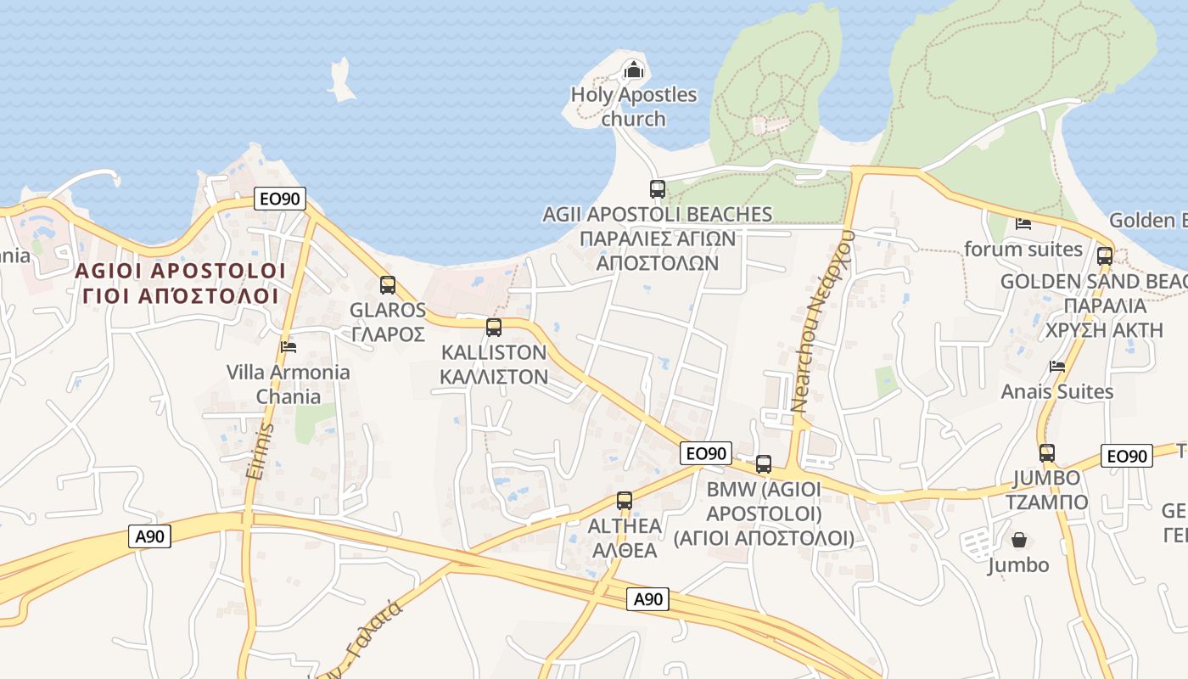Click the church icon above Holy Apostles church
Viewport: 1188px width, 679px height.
(633, 70)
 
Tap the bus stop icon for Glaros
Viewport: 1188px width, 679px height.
(388, 285)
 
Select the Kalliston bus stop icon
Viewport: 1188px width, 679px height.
(494, 328)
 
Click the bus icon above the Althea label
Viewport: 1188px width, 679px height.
(625, 501)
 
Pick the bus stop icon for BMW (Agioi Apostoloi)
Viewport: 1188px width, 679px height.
(764, 464)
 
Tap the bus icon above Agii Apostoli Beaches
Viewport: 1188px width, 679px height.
(658, 189)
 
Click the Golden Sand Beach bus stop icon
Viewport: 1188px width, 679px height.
(1105, 256)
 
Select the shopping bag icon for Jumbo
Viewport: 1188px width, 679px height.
(1018, 540)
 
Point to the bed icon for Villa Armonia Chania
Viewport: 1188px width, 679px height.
(289, 346)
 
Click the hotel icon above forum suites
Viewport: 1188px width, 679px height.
(1023, 224)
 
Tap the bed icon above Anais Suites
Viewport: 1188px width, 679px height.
(1057, 367)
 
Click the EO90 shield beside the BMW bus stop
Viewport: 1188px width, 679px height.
(705, 454)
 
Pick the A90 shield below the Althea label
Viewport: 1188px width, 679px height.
(648, 599)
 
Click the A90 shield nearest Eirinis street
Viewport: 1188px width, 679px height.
(150, 536)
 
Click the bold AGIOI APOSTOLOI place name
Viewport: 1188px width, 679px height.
(180, 271)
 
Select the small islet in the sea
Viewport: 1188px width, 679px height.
(342, 81)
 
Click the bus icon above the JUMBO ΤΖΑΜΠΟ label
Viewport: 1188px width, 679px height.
(1047, 453)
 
